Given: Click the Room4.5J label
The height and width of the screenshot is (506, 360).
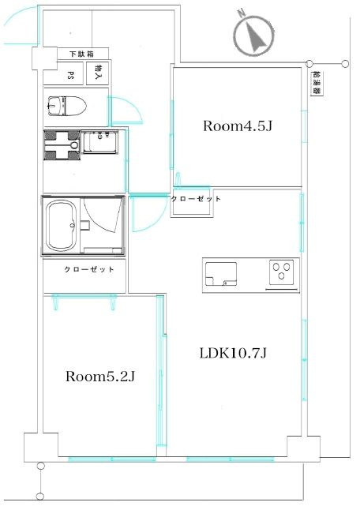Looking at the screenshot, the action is (x=238, y=126).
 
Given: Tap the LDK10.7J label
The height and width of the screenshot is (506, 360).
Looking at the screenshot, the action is (x=233, y=353).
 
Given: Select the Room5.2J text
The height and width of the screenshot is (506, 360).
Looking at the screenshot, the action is (x=99, y=376).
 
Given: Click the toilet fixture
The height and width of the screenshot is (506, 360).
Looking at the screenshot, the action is (x=67, y=106).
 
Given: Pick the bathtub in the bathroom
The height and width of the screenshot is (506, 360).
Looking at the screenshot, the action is (x=61, y=225).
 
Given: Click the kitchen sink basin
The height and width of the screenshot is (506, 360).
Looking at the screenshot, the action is (x=221, y=274).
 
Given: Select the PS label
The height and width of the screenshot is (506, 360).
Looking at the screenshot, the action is (x=70, y=76).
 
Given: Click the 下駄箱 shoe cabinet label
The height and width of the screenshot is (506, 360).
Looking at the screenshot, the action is (x=81, y=54).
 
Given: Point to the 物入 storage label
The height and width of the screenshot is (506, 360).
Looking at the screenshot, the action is (x=99, y=73).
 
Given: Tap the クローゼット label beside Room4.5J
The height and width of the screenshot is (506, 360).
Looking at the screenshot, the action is (x=196, y=199).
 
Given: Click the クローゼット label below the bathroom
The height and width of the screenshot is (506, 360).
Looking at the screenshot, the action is (x=89, y=269).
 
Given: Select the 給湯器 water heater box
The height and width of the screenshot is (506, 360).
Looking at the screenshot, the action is (x=317, y=83).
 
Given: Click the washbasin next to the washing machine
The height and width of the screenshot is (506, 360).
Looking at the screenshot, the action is (x=99, y=142).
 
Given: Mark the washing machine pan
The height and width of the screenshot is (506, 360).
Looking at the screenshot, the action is (x=62, y=145).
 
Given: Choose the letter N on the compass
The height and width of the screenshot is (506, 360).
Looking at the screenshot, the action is (x=241, y=13).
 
